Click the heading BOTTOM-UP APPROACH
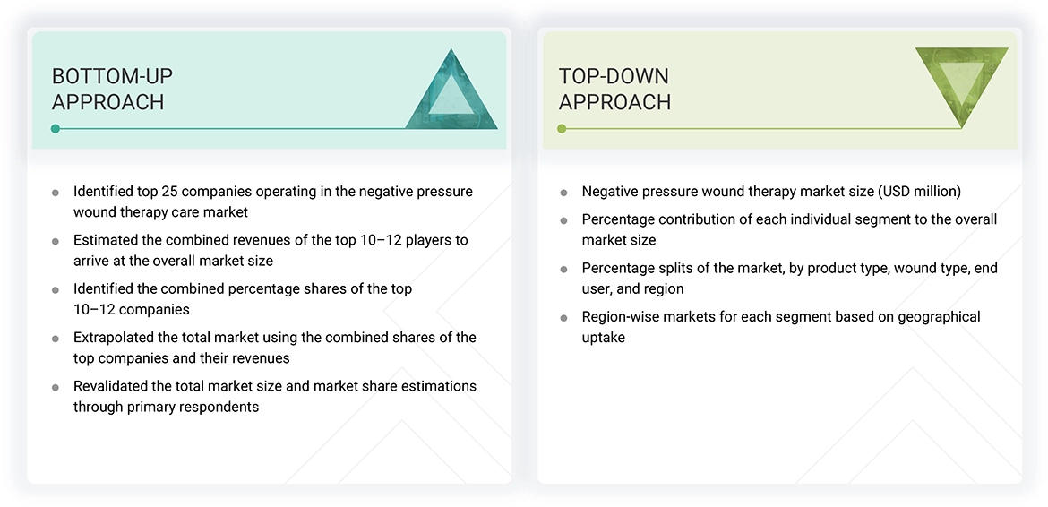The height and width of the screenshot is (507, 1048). [112, 89]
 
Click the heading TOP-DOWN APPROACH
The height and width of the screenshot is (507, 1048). [614, 89]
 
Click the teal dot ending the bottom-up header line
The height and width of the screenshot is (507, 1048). [56, 129]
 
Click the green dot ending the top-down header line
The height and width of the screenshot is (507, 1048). [562, 129]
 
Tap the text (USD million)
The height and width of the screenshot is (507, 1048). [917, 192]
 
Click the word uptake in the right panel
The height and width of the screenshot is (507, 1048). [604, 338]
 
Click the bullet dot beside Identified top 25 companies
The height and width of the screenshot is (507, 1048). [56, 193]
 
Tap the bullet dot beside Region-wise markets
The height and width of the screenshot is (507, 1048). [563, 318]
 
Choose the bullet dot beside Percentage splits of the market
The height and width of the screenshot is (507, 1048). [563, 269]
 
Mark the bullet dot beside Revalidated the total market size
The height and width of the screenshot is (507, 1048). [56, 387]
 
